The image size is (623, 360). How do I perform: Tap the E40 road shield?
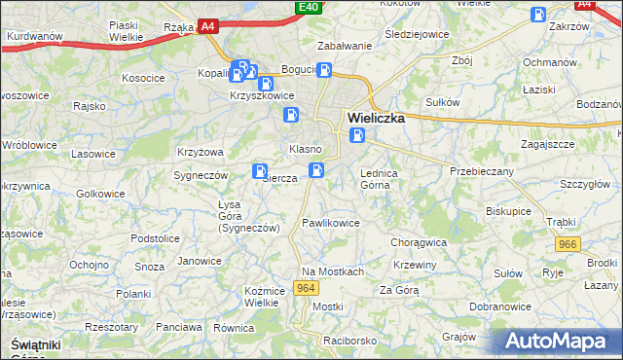point(309,8)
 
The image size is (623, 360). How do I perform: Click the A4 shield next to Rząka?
point(207,27)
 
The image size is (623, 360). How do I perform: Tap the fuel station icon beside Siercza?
point(260,171)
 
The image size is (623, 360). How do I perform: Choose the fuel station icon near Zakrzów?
point(537,15)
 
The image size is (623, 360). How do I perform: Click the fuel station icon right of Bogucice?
point(324,70)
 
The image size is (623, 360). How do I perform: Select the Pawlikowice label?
point(331,223)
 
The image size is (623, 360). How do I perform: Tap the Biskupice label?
point(508,209)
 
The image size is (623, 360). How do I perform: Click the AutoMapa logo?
point(561,341)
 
